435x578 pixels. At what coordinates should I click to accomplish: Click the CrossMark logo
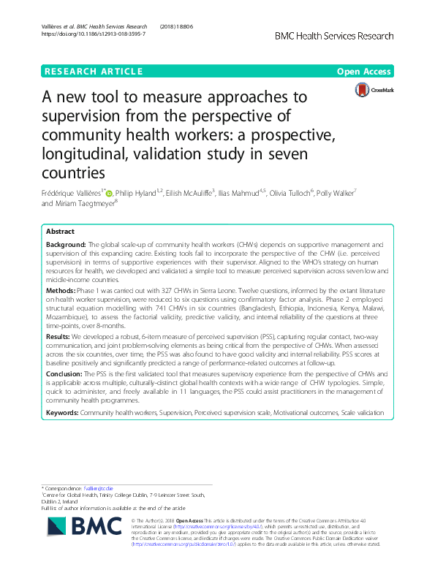(x=373, y=91)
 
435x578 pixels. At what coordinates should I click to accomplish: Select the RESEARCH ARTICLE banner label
(x=93, y=72)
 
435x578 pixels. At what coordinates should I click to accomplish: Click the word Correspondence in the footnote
(x=67, y=487)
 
